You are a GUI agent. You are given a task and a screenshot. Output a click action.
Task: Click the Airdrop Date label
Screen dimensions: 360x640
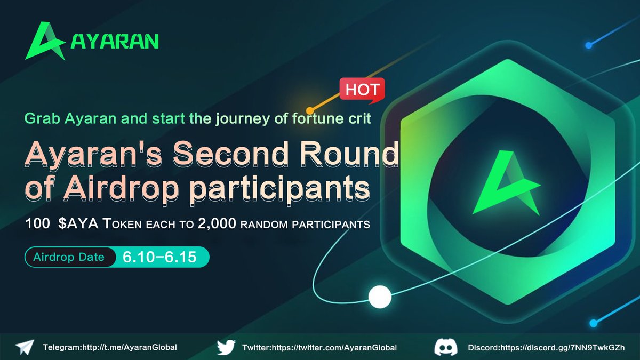(69, 257)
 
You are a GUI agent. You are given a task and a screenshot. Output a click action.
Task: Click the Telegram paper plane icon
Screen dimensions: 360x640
(25, 347)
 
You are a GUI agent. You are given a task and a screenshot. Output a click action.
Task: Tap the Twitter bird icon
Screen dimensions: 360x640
(226, 347)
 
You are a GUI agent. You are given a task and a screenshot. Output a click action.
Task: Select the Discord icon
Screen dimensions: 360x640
(446, 347)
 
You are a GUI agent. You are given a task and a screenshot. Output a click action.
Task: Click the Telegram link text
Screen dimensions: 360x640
(109, 347)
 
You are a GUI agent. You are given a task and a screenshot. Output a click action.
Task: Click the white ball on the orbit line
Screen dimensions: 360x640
(380, 297)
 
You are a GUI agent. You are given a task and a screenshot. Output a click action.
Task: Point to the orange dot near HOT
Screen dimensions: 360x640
(309, 111)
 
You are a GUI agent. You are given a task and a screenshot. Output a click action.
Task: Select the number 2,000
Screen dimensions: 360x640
(217, 224)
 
